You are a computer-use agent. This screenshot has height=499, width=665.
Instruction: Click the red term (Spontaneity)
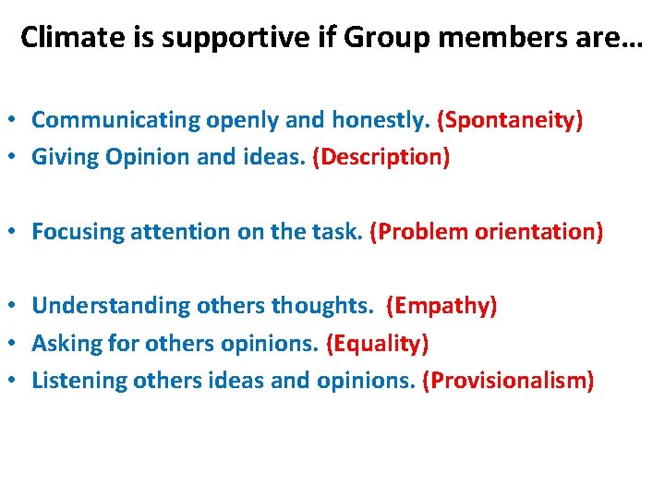510,120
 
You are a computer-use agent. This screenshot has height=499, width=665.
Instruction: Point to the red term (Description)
381,158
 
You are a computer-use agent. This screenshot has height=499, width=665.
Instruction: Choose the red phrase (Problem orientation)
486,232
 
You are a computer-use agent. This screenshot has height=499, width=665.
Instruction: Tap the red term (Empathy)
441,306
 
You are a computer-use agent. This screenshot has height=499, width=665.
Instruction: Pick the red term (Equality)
377,344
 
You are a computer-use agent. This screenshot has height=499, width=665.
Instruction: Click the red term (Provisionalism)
507,381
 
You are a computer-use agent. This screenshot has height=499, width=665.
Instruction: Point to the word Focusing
74,232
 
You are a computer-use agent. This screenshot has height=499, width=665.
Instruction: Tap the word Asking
63,344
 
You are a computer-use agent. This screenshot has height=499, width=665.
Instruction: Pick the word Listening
79,381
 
